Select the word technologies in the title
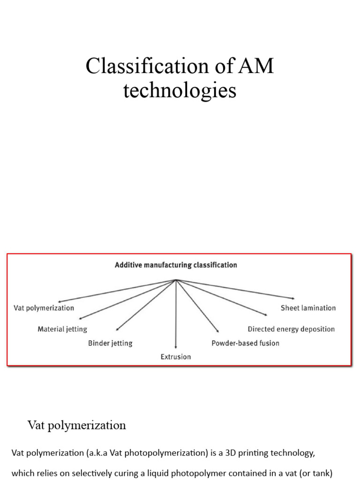click(x=180, y=90)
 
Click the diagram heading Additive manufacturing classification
click(x=176, y=265)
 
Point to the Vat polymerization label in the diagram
click(x=44, y=308)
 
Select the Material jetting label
click(x=62, y=329)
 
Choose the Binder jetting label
click(x=110, y=343)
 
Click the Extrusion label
click(x=176, y=357)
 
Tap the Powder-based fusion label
click(x=245, y=343)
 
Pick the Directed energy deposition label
click(x=291, y=329)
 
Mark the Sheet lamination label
click(x=308, y=308)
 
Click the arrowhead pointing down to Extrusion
click(x=176, y=348)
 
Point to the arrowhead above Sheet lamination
click(x=292, y=298)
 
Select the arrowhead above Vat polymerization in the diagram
click(x=58, y=301)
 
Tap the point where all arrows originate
click(x=176, y=280)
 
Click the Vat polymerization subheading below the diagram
click(x=77, y=425)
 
